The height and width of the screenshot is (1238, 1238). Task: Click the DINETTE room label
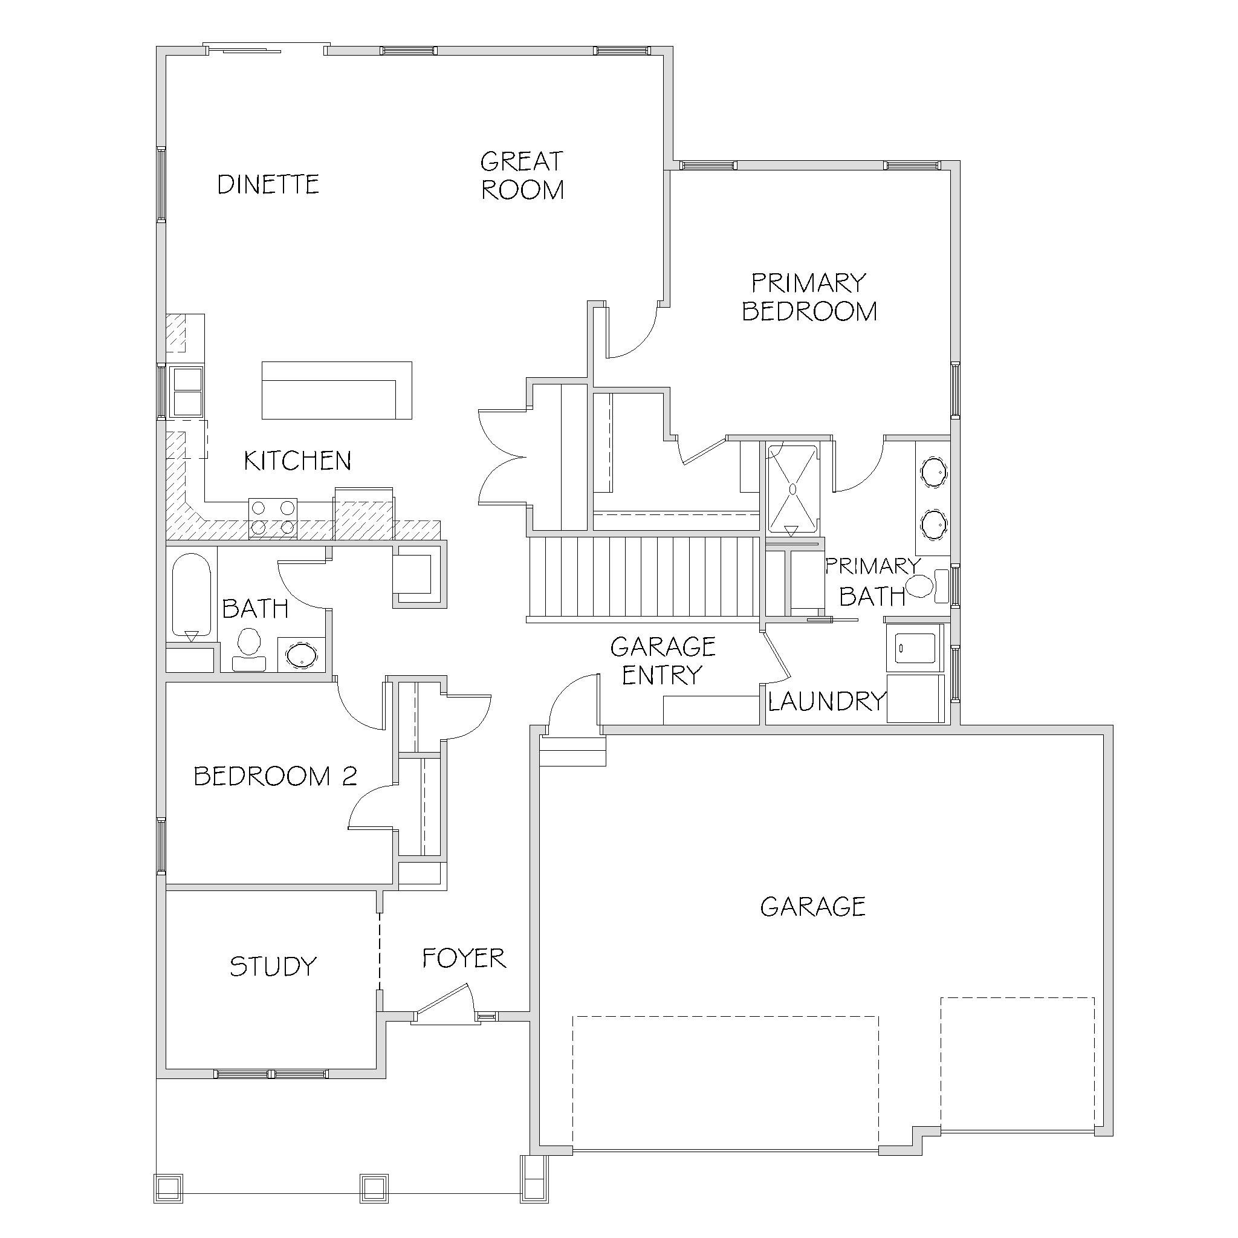268,184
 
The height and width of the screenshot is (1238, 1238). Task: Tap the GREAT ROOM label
522,175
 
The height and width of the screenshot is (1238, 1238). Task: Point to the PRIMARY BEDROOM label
809,297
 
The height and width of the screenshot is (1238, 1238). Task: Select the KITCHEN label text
297,461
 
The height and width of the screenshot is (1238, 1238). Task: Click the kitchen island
337,391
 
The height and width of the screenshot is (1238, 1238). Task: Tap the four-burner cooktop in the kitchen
273,518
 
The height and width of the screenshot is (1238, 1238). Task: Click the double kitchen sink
188,391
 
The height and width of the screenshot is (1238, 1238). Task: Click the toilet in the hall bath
248,649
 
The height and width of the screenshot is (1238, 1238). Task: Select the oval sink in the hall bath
300,655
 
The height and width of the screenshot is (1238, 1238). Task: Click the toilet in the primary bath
927,586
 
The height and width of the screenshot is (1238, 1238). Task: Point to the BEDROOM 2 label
275,776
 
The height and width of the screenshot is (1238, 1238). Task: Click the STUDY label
273,967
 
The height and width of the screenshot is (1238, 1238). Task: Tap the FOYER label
464,958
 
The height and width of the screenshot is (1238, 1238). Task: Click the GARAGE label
812,906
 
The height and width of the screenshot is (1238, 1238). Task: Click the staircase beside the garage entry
643,578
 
